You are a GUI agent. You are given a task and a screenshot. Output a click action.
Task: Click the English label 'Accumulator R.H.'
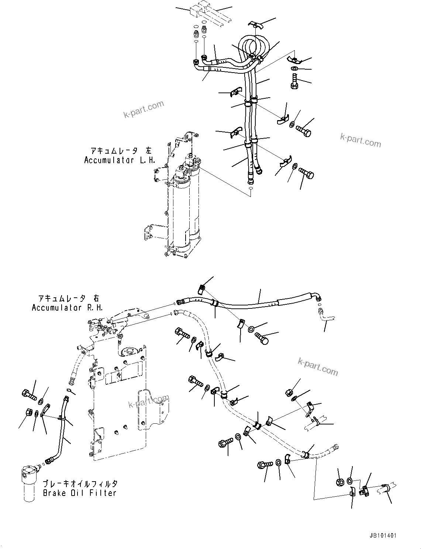[67, 308]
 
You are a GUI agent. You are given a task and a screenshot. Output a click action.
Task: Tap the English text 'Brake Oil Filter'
[80, 493]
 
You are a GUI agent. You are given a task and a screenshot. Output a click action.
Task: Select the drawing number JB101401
[382, 535]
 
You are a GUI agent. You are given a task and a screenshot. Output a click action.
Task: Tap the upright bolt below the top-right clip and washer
[294, 81]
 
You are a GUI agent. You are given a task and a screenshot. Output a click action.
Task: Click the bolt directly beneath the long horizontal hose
[264, 337]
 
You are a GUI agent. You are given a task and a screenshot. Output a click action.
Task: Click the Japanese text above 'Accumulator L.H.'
[121, 151]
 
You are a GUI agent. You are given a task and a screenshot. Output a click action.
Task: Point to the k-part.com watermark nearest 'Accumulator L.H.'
[144, 109]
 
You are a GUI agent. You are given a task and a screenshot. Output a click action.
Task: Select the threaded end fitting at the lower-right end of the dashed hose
[334, 448]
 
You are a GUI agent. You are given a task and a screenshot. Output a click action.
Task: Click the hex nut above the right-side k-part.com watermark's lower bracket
[290, 392]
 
